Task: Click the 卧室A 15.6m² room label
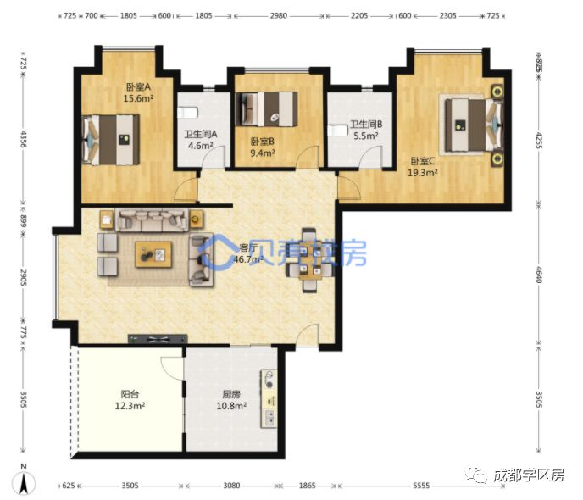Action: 136,92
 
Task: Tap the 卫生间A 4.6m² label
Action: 202,139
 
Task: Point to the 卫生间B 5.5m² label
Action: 365,129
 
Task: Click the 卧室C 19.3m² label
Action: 424,167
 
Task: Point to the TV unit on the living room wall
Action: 157,339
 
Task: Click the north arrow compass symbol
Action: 27,482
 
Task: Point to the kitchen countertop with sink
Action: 270,398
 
